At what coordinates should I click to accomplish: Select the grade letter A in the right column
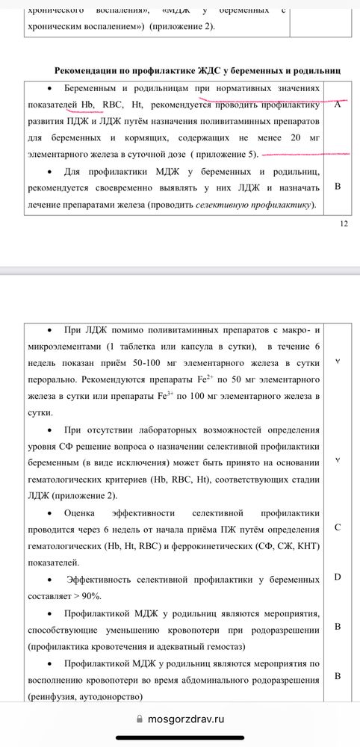tap(338, 105)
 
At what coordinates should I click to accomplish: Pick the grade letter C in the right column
tap(338, 528)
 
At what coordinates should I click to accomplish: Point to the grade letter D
tap(338, 577)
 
